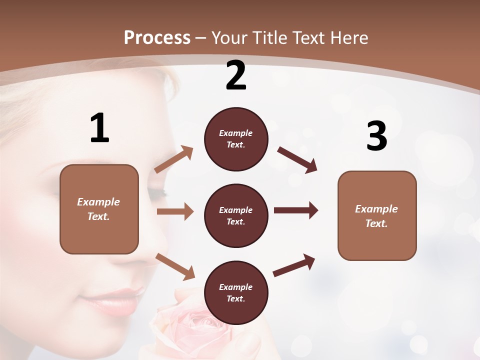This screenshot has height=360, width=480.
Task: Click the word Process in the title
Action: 157,37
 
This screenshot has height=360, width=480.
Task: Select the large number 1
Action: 99,128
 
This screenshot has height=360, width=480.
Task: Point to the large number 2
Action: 236,75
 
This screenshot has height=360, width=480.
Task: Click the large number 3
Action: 377,136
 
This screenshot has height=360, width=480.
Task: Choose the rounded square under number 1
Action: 99,209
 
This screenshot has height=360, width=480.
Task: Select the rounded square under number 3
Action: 377,215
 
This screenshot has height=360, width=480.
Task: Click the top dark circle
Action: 236,139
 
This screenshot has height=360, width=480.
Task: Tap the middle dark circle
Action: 236,215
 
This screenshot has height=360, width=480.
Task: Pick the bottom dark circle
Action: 236,292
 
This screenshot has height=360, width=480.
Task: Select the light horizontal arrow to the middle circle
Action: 175,211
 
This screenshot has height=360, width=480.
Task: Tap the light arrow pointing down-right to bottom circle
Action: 175,266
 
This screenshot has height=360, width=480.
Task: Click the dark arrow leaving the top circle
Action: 297,159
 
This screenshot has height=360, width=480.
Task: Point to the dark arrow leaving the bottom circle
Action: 294,265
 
